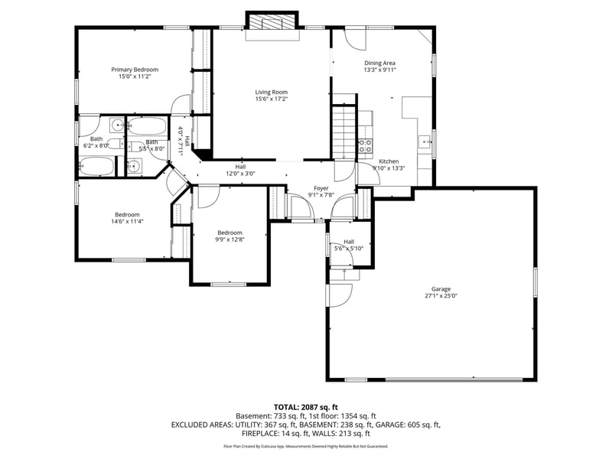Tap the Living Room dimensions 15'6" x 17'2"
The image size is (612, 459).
(271, 99)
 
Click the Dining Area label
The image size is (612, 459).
(379, 63)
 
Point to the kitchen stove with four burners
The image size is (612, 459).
(366, 145)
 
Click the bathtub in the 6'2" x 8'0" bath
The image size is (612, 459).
(96, 166)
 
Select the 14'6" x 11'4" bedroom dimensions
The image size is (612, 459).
(128, 222)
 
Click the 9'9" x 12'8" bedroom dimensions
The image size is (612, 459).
(229, 239)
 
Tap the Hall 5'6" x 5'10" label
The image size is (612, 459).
(349, 242)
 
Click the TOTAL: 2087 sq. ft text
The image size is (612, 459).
(306, 407)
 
